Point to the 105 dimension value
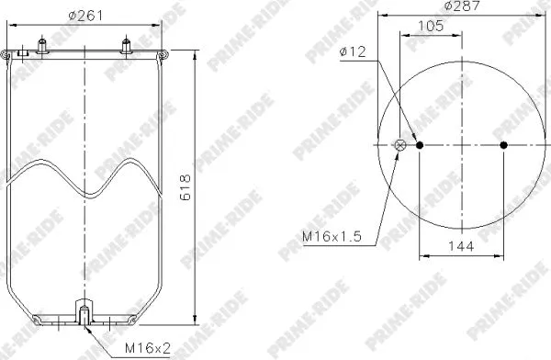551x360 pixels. point(430,27)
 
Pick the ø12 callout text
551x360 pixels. point(354,52)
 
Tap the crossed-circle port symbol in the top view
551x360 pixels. point(399,145)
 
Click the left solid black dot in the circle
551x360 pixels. point(421,145)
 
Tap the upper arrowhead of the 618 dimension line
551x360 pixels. point(194,55)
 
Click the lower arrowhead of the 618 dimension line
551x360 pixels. point(194,322)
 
